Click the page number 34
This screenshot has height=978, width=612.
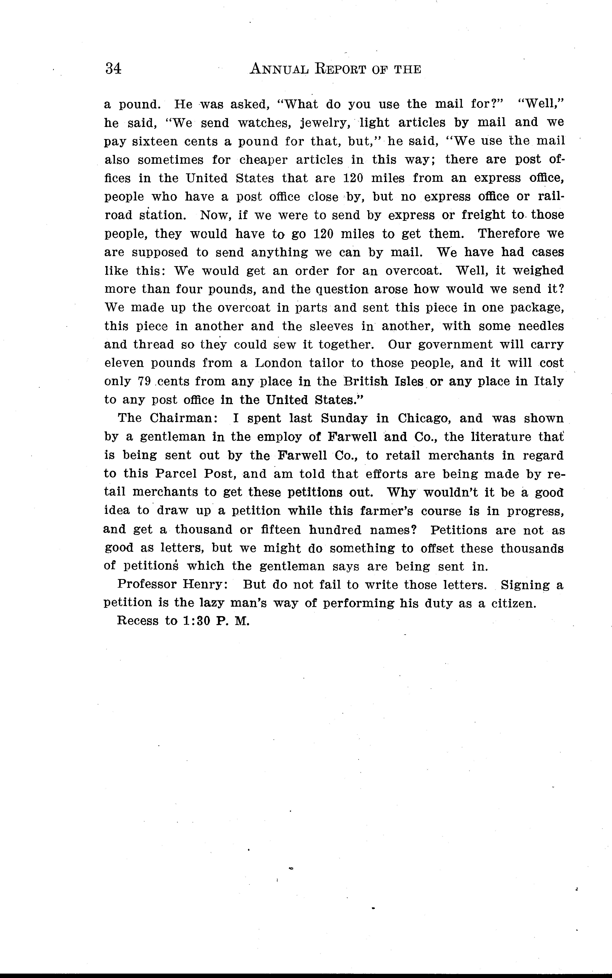click(x=113, y=69)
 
